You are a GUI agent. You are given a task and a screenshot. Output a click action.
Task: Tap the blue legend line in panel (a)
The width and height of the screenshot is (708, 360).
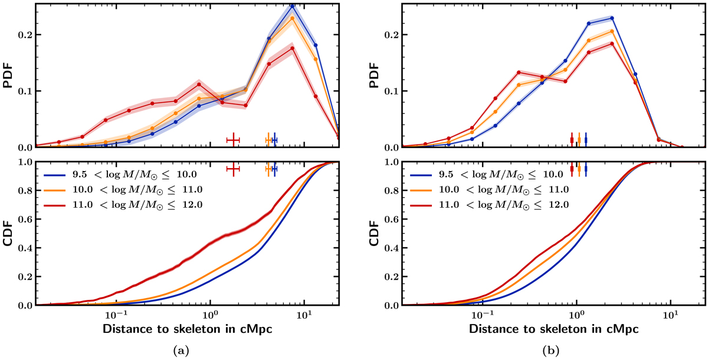(x=58, y=174)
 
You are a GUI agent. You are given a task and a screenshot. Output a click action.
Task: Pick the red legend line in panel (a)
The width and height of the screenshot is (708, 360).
(x=58, y=205)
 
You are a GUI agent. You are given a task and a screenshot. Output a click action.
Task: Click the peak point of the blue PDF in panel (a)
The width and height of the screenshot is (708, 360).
(x=292, y=6)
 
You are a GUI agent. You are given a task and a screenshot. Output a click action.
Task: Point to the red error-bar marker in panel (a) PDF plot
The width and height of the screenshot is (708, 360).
(x=234, y=139)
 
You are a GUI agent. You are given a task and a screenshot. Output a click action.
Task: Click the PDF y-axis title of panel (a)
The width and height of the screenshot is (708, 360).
(x=10, y=75)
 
